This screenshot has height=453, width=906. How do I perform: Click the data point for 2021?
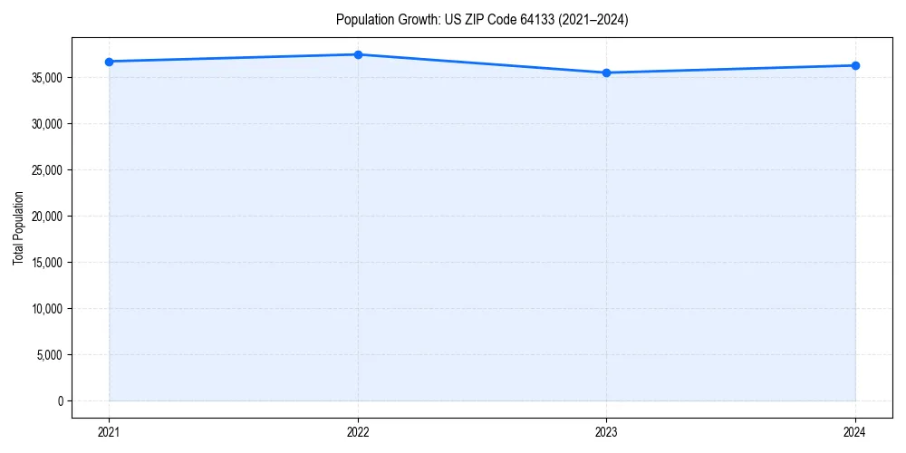tap(109, 62)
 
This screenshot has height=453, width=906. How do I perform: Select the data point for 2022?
tap(358, 54)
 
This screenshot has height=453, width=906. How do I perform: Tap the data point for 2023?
tap(606, 72)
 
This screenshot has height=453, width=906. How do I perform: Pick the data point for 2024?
tap(855, 65)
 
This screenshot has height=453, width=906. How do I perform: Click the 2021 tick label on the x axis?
tap(109, 431)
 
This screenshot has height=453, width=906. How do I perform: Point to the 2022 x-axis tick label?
tap(358, 431)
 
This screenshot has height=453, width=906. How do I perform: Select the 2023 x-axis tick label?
tap(606, 431)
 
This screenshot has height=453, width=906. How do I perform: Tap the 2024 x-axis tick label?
tap(855, 431)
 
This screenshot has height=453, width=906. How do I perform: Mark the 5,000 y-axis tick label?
tap(50, 355)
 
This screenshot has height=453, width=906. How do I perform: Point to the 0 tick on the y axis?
tap(61, 401)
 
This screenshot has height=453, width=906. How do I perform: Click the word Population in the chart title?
tap(363, 20)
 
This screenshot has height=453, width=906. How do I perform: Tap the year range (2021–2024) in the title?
tap(591, 20)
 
